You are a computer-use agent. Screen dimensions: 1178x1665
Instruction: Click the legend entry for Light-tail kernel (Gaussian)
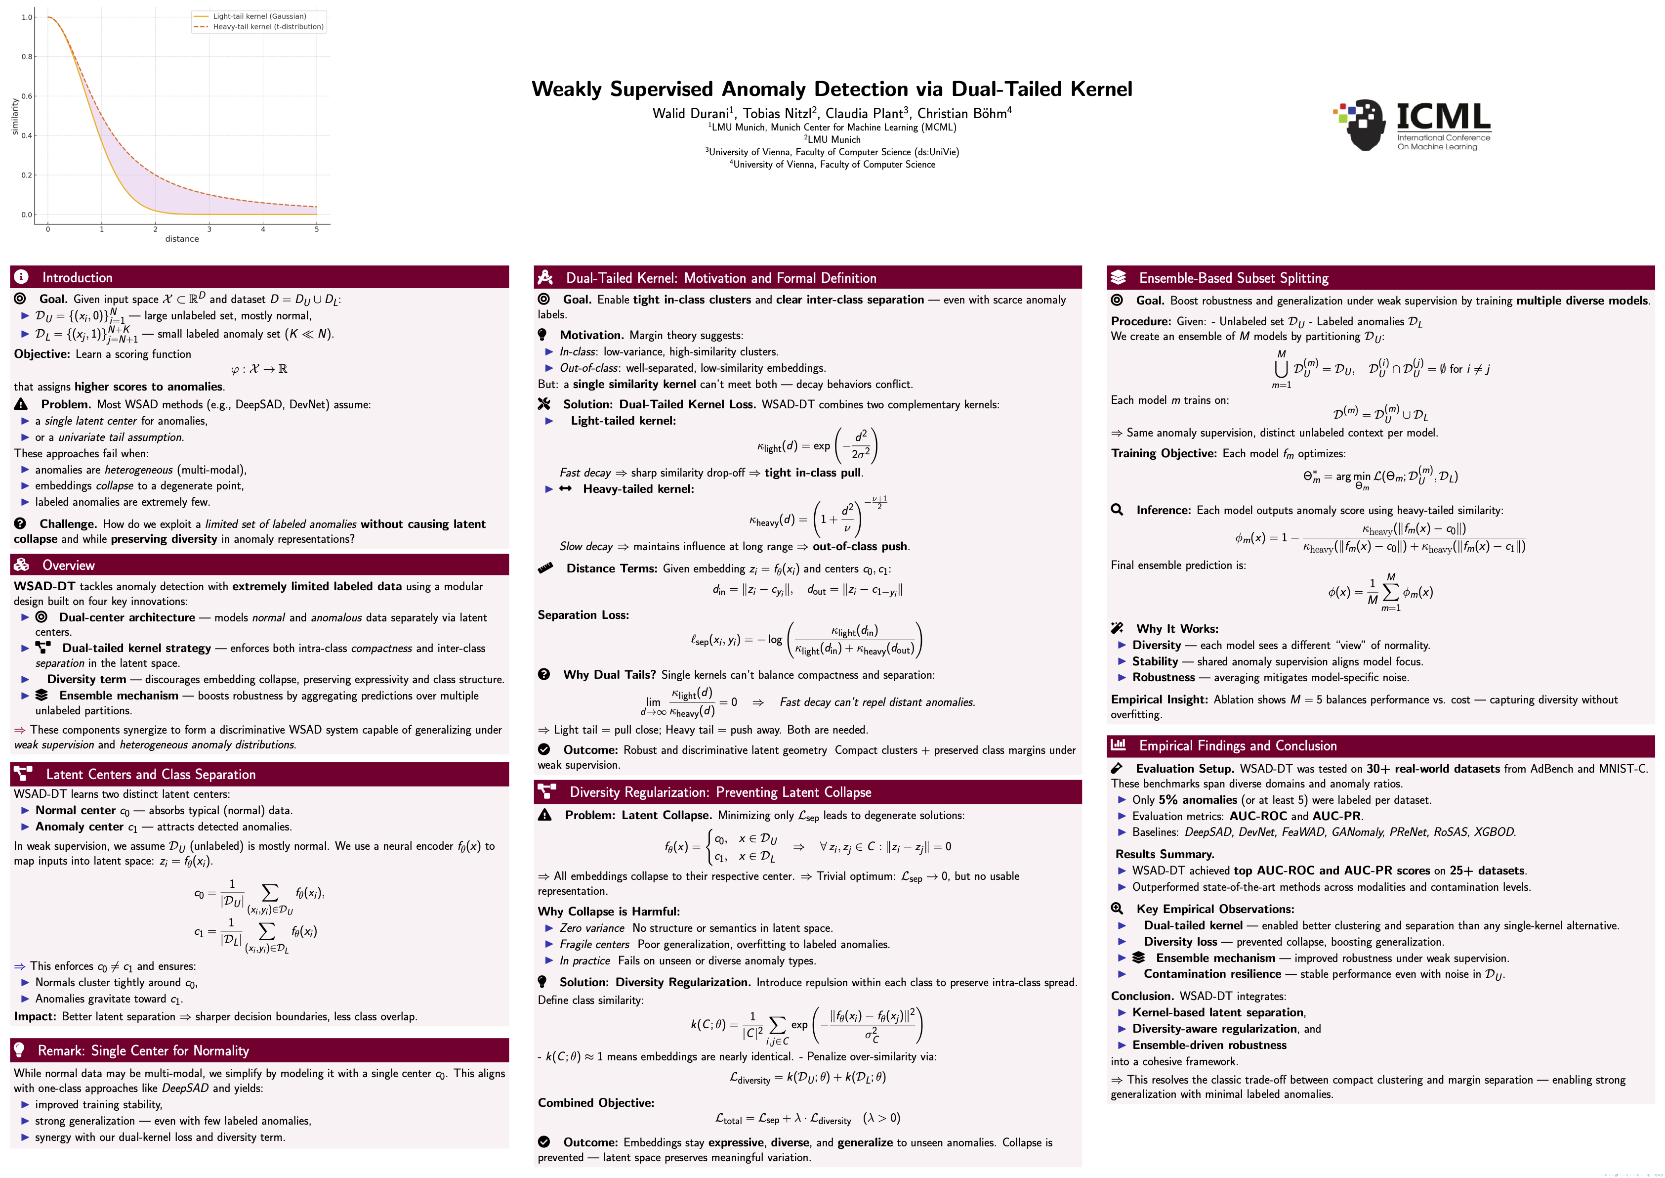[x=259, y=16]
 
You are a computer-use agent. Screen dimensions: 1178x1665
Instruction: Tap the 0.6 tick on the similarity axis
[x=27, y=96]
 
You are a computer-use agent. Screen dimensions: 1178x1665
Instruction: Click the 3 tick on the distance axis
[x=209, y=229]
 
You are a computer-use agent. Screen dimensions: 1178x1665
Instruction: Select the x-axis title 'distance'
[x=182, y=239]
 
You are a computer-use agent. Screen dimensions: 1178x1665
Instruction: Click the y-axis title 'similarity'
[x=15, y=117]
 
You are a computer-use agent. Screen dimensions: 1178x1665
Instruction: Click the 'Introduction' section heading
[x=77, y=278]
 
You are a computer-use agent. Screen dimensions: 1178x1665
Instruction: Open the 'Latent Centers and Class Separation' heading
[x=150, y=775]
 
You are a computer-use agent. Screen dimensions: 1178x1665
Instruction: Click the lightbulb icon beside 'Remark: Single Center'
[x=20, y=1050]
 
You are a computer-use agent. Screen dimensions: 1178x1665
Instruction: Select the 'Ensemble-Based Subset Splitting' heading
[x=1234, y=278]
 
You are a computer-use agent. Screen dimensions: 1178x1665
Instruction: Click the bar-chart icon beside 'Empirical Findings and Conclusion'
[x=1118, y=745]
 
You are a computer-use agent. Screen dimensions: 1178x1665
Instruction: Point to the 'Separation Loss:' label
[x=583, y=615]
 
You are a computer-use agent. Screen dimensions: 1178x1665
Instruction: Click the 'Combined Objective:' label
[x=595, y=1102]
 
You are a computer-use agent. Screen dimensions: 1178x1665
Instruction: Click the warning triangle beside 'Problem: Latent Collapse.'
[x=544, y=815]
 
